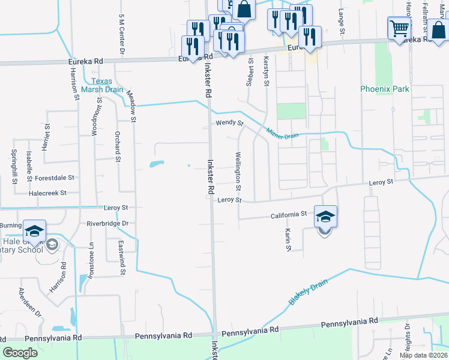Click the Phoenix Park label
tap(384, 89)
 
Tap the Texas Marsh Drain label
tap(107, 86)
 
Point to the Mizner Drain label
tap(282, 132)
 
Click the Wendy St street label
tap(229, 124)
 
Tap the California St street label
tap(288, 214)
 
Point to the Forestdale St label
tap(54, 178)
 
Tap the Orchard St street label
tap(118, 146)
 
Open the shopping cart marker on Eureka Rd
tap(399, 28)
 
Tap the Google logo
tap(20, 352)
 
